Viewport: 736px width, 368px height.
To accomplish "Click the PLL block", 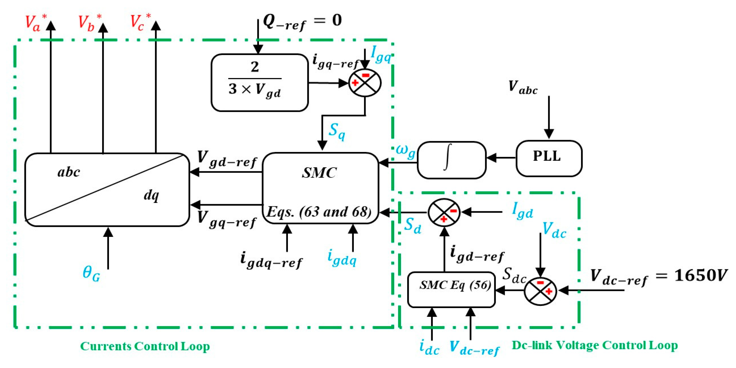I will pyautogui.click(x=548, y=158).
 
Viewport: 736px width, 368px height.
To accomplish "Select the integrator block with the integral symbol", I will pyautogui.click(x=452, y=160).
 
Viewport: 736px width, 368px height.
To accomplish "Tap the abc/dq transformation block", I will pyautogui.click(x=107, y=189).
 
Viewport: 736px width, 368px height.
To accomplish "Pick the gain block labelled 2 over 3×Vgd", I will pyautogui.click(x=259, y=82).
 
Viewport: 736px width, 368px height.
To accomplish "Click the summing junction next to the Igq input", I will pyautogui.click(x=364, y=83).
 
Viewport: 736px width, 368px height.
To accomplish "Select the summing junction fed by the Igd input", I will pyautogui.click(x=444, y=213).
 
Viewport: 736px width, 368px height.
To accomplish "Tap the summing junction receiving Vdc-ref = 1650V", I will pyautogui.click(x=540, y=291).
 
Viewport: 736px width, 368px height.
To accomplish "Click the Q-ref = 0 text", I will pyautogui.click(x=302, y=21).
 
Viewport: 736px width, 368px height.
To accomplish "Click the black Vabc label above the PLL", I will pyautogui.click(x=523, y=87).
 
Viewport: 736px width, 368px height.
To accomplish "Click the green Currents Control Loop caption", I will pyautogui.click(x=145, y=346).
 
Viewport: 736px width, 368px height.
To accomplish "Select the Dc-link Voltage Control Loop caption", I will pyautogui.click(x=595, y=345).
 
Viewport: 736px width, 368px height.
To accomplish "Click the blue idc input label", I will pyautogui.click(x=429, y=347).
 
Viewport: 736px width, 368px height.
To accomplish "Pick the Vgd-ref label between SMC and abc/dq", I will pyautogui.click(x=227, y=159).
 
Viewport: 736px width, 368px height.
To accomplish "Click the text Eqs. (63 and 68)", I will pyautogui.click(x=319, y=212).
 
